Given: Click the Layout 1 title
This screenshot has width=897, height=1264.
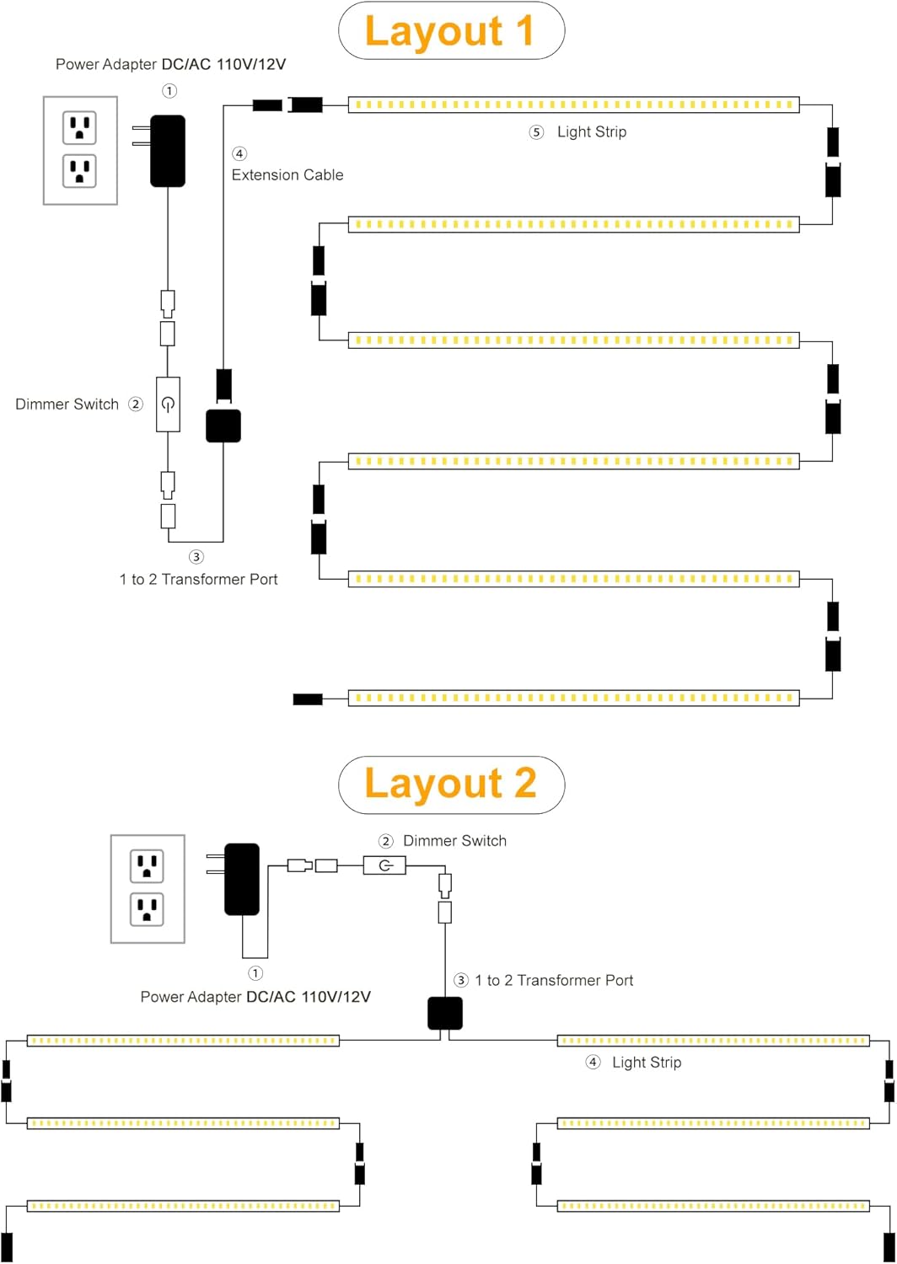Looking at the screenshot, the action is point(450,31).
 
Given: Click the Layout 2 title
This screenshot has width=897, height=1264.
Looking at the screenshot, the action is point(450,783).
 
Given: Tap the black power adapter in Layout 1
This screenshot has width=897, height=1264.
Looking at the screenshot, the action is point(168,151).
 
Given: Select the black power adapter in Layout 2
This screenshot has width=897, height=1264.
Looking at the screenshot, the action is point(242,879).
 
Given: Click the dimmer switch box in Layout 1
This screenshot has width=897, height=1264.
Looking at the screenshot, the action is point(169,404).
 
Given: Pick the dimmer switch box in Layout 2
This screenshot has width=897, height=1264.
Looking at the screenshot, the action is point(384,865).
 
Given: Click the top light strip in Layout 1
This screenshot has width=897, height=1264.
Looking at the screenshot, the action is point(573,105).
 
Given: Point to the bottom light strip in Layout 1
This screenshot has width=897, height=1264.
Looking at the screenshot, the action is point(573,698).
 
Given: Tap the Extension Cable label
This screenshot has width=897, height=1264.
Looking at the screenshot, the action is point(287,175).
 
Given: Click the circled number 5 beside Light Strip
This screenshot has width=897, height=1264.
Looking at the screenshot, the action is point(536,132).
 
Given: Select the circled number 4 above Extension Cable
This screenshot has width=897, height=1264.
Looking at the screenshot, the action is point(239,153).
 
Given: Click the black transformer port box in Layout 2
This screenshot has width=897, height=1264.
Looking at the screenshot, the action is point(445,1013).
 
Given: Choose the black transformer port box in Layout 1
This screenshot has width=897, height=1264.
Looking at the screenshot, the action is point(223,426).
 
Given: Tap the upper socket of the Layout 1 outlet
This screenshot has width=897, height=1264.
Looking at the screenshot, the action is point(79,127).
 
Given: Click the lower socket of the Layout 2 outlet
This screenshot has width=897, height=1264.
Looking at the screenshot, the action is point(147,909).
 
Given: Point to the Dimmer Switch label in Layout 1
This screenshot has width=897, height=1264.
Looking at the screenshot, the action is point(67,404).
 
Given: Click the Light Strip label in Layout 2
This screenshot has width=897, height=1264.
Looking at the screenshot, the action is point(647,1062).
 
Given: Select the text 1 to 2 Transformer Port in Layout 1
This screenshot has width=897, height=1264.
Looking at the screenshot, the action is point(199,579).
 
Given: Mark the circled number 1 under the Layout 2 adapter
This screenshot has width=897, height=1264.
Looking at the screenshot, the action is point(255,972).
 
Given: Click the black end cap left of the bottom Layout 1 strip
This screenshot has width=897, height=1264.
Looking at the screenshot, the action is point(308,699).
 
